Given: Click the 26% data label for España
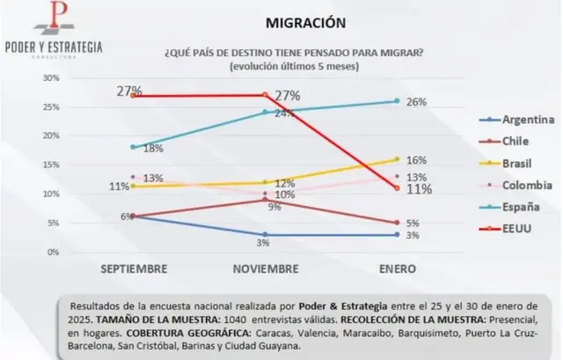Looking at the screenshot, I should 417,102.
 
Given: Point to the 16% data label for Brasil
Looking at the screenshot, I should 417,160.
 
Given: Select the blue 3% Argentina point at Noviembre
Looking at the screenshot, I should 265,234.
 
